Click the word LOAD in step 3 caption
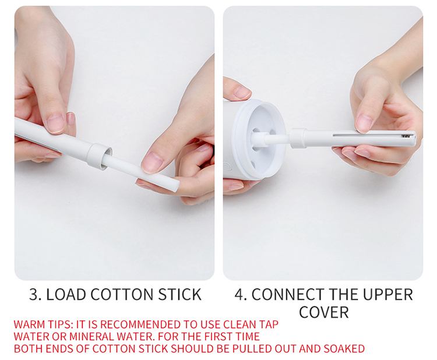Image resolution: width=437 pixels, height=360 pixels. tap(66, 295)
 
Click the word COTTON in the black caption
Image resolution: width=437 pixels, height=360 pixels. tap(122, 295)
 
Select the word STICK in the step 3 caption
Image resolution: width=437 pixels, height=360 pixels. tap(180, 295)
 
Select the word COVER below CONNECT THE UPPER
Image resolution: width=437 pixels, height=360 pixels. tap(324, 312)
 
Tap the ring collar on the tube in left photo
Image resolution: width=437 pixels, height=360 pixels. tap(99, 156)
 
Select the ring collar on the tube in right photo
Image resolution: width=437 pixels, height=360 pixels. tap(298, 138)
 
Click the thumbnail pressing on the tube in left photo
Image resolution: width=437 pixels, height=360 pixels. tap(55, 123)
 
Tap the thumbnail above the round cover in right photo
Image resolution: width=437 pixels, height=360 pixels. tap(242, 91)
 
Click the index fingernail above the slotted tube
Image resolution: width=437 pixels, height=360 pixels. tap(364, 123)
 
